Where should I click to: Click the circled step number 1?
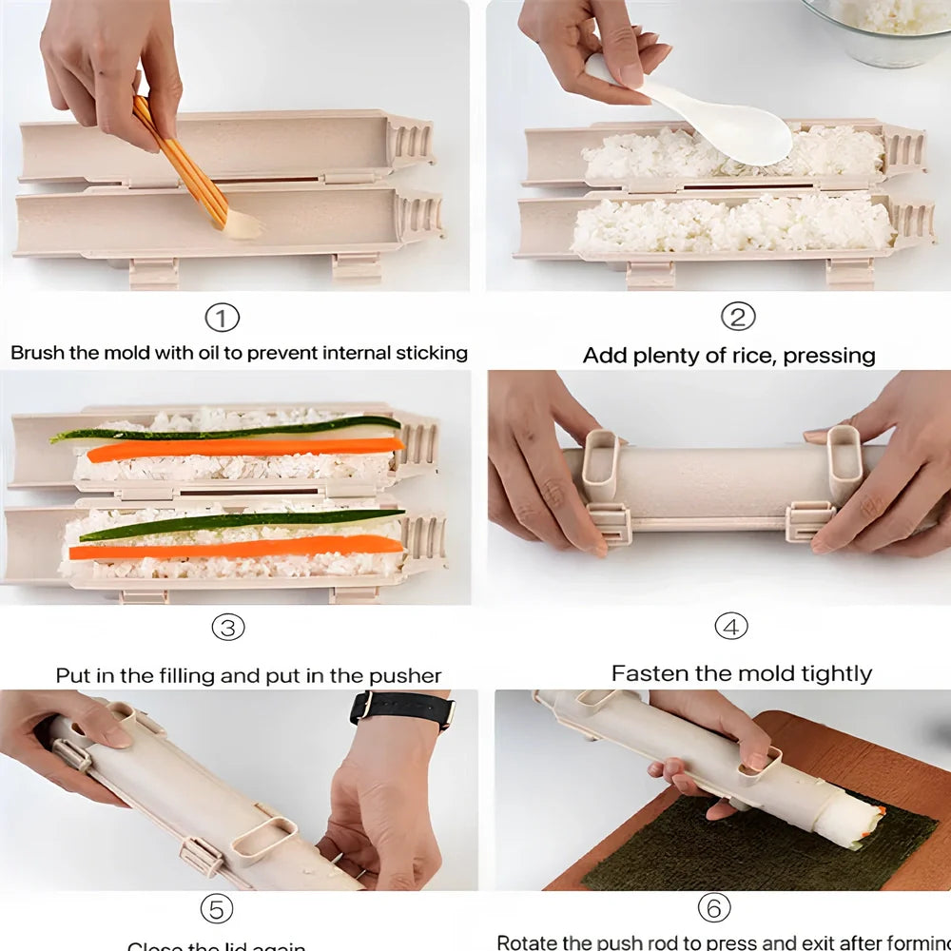(x=223, y=318)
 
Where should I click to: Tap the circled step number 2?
(x=737, y=317)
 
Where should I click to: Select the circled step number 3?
(x=227, y=627)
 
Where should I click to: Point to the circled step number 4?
(x=730, y=627)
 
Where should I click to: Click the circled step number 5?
(x=216, y=909)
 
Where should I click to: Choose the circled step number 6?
(x=714, y=908)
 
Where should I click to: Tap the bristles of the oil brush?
(x=243, y=224)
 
